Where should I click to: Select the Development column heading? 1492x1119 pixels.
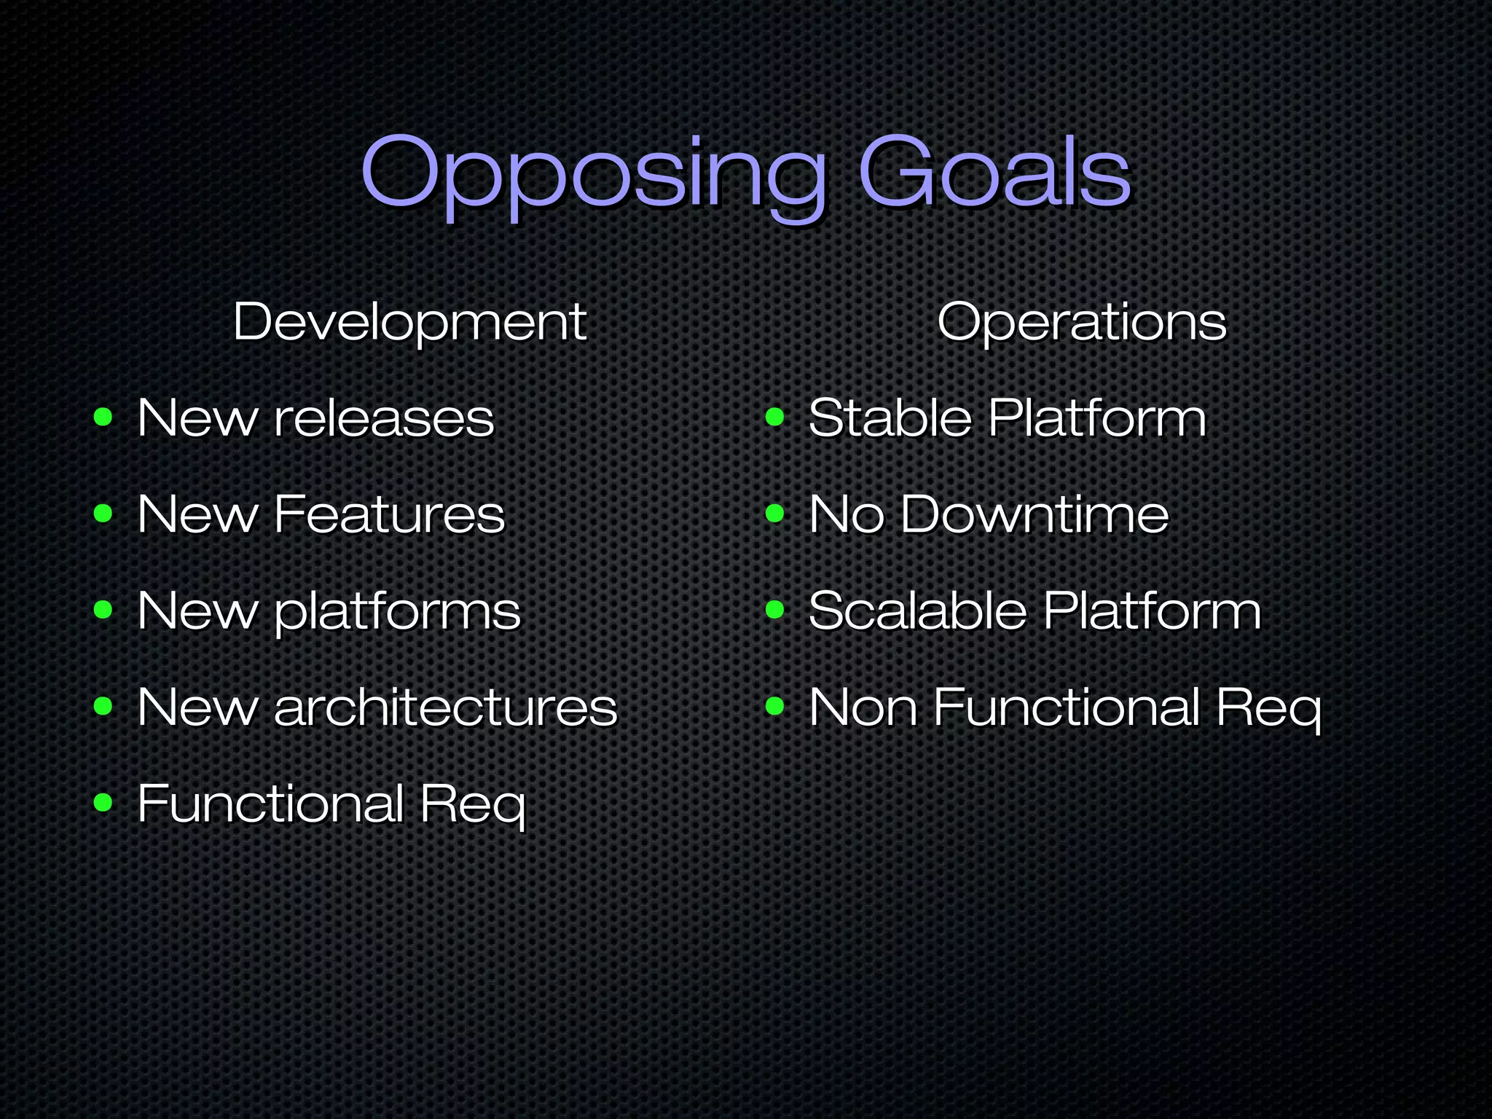coord(409,322)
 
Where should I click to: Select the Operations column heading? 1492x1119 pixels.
coord(1082,322)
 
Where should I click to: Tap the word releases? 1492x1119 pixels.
coord(384,420)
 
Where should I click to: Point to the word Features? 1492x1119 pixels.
coord(389,515)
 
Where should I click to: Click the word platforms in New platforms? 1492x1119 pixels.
coord(398,612)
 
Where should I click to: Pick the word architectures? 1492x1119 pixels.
coord(446,707)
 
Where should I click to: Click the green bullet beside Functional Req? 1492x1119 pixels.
coord(103,803)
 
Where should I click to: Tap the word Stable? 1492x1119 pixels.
coord(890,419)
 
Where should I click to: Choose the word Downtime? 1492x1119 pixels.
coord(1034,515)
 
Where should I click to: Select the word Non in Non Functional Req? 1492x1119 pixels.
coord(863,707)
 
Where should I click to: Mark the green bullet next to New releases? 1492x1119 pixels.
coord(103,417)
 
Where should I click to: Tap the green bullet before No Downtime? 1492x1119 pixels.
coord(775,514)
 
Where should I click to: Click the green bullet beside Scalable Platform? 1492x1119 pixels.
coord(775,610)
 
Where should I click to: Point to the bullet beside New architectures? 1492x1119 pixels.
coord(103,706)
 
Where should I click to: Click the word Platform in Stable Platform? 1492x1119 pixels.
coord(1097,419)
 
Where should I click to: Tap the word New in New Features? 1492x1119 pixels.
coord(197,515)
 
